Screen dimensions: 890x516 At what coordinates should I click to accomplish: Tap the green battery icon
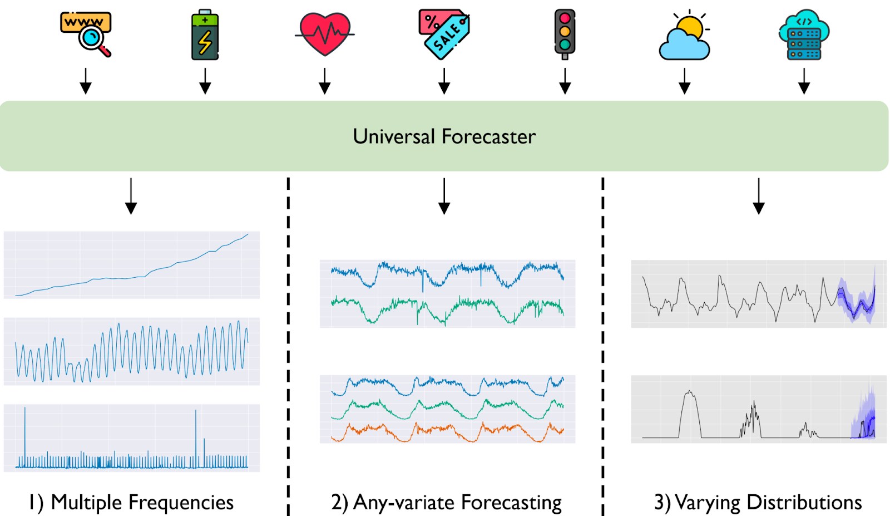pos(205,35)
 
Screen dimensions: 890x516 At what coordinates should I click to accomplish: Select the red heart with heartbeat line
pos(325,34)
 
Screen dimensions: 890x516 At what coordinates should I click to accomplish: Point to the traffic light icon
pos(565,35)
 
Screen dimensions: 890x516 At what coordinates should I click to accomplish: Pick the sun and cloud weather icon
pos(684,35)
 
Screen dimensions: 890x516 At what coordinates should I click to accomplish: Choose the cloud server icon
pos(804,35)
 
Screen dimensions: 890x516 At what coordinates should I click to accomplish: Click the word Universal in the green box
pos(394,136)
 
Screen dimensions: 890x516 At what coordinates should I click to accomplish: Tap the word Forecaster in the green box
pos(489,136)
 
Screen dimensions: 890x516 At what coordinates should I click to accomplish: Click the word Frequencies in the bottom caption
pos(182,502)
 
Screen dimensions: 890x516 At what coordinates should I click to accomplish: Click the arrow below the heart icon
pos(325,81)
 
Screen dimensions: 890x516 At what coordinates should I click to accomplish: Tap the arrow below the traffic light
pos(565,81)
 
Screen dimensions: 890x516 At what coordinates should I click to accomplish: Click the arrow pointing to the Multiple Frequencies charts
pos(131,196)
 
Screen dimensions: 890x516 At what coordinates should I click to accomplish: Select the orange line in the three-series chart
pos(447,432)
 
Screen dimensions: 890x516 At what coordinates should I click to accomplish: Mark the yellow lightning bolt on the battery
pos(205,42)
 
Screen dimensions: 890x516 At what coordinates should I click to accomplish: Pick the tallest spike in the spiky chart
pos(24,407)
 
